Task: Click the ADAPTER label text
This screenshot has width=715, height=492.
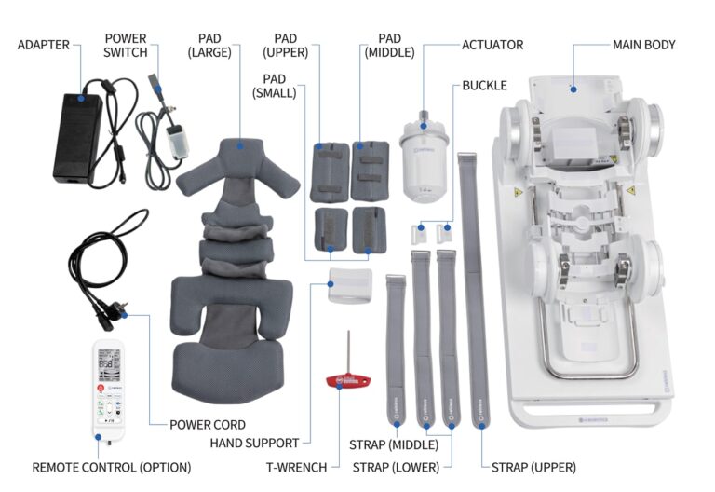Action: click(45, 44)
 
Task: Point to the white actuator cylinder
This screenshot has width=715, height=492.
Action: click(425, 165)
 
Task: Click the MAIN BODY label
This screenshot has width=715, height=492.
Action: click(643, 44)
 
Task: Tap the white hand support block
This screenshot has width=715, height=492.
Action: click(350, 284)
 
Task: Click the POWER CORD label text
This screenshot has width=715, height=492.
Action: click(208, 425)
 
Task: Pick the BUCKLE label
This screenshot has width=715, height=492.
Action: click(484, 86)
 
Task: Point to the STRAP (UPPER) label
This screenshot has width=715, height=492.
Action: click(533, 467)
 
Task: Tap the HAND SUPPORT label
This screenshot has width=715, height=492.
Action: click(254, 443)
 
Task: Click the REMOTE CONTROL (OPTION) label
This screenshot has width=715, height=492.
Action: click(111, 467)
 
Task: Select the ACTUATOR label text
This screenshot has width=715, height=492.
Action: click(492, 44)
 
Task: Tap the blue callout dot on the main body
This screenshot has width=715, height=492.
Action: click(574, 89)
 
